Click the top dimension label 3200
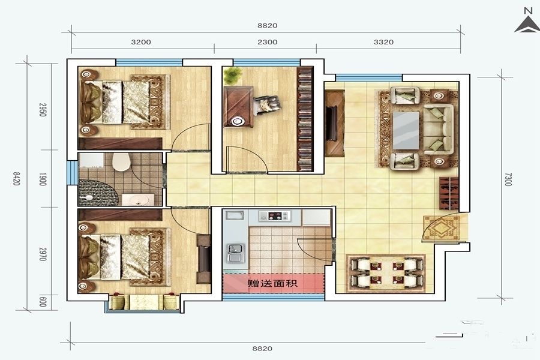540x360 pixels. pos(141,42)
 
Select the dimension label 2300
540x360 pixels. pos(268,42)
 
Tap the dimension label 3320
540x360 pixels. pos(383,42)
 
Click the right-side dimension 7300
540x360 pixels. pos(508,179)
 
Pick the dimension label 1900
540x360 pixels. pos(43,179)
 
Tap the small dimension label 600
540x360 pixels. pos(43,302)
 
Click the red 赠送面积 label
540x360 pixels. pos(273,284)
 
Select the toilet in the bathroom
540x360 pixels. pos(121,161)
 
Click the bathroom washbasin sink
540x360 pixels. pos(138,200)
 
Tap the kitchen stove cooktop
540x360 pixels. pos(275,216)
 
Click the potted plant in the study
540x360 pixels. pos(232,76)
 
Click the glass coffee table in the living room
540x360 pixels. pos(406,130)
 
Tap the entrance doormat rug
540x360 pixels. pos(441,228)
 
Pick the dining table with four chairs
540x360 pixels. pos(386,272)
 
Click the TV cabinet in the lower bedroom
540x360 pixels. pos(203,259)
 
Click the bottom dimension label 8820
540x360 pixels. pos(262,348)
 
